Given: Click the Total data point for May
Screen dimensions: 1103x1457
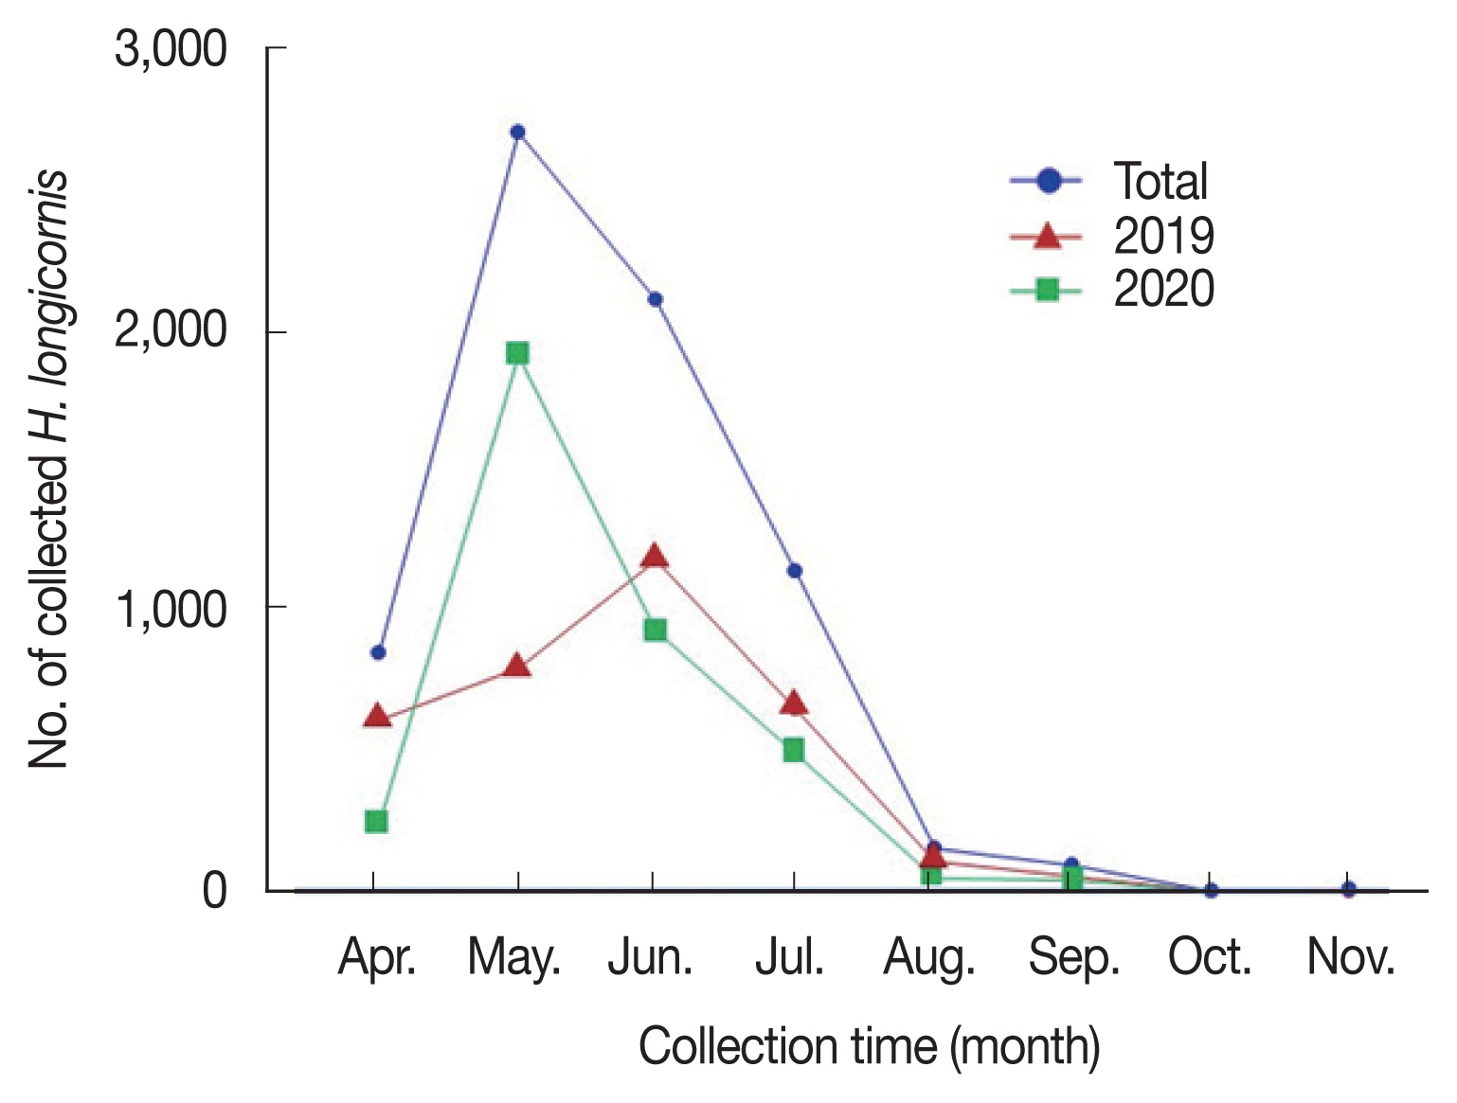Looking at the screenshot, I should (x=517, y=132).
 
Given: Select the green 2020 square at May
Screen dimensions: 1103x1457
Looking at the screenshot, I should (x=517, y=353).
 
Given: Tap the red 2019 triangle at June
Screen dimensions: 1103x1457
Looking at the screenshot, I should (x=654, y=556).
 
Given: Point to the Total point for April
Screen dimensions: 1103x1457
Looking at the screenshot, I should (x=378, y=652).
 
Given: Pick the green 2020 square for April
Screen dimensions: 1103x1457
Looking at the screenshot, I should (x=376, y=821).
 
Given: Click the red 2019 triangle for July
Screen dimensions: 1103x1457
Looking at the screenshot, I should (x=794, y=703).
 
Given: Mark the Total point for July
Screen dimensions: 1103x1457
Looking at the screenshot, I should (x=795, y=571).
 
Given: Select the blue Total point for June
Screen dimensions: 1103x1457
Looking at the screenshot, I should (x=655, y=299).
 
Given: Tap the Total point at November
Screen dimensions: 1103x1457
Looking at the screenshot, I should (x=1349, y=889).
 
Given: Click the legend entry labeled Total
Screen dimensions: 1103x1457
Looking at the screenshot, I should (x=1160, y=181).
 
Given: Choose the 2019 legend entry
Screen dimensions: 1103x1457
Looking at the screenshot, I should (x=1162, y=235).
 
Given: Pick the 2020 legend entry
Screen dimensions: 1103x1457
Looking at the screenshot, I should (x=1162, y=289).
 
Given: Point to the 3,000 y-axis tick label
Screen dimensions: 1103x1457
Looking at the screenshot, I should (x=171, y=48).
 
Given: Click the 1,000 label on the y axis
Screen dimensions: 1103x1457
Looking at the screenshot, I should (x=171, y=609).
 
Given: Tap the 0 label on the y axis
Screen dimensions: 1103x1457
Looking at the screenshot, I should (x=214, y=891).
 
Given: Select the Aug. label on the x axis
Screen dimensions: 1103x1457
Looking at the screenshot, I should (x=929, y=958).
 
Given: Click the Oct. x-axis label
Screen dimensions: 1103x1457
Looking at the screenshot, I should (x=1210, y=957).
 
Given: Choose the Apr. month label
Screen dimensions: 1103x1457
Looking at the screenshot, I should (x=377, y=958).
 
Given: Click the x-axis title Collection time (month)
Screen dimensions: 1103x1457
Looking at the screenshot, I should (x=869, y=1047).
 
